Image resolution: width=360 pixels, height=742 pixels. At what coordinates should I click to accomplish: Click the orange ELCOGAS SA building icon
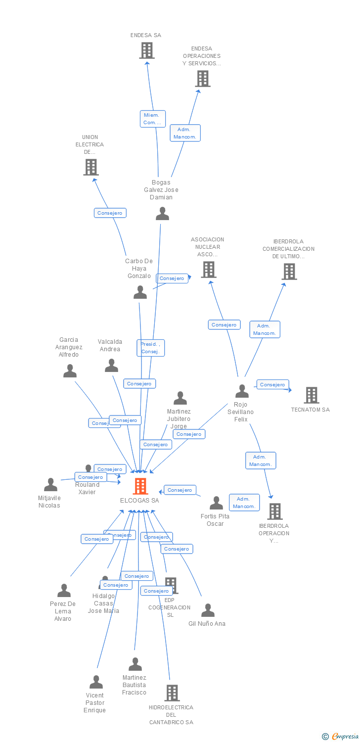140,486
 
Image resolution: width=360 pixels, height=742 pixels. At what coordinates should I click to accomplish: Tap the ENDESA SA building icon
146,50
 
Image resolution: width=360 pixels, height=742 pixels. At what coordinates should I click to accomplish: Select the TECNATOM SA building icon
311,395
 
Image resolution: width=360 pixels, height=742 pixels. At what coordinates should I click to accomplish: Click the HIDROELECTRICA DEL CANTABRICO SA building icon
172,693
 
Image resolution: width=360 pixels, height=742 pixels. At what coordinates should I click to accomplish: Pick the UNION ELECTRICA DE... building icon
90,167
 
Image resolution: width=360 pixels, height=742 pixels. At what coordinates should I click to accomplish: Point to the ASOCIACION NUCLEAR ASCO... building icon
209,270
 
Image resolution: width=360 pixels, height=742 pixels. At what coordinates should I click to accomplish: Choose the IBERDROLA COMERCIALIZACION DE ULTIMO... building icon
289,272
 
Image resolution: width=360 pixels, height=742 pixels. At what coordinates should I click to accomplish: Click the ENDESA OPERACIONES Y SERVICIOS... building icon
202,79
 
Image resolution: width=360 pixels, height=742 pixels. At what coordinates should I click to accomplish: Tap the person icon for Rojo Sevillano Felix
242,391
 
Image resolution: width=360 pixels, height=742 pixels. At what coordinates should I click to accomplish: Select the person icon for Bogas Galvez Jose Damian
162,214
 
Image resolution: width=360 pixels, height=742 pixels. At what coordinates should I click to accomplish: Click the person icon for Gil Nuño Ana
208,610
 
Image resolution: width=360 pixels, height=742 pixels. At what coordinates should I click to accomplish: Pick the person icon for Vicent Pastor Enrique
96,682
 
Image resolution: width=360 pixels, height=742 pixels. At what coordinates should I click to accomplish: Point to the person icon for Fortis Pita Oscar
216,503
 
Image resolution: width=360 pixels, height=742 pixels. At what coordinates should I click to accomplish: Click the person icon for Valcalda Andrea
111,366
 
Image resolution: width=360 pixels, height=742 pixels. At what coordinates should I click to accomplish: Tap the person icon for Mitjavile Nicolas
50,485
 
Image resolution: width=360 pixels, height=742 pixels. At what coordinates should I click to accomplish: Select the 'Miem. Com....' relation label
152,119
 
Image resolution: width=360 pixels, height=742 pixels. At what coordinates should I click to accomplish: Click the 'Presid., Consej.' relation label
150,348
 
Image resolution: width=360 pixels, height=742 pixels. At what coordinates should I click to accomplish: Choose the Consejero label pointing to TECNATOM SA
272,384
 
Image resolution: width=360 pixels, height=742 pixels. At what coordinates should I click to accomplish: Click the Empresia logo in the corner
341,737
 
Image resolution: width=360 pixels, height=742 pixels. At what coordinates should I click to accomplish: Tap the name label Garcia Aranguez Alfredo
69,347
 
